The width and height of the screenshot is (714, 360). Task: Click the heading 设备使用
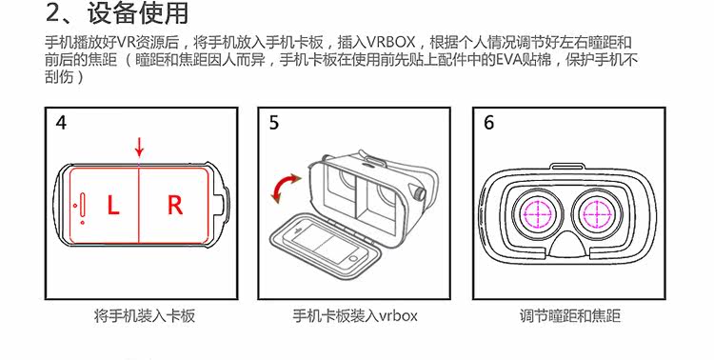pyautogui.click(x=138, y=13)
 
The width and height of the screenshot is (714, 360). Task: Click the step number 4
pyautogui.click(x=61, y=123)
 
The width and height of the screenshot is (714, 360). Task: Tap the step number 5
pyautogui.click(x=273, y=123)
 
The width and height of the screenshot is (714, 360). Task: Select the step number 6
pyautogui.click(x=488, y=123)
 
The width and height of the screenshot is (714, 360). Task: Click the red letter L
pyautogui.click(x=113, y=205)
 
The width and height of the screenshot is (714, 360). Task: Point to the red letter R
pyautogui.click(x=175, y=205)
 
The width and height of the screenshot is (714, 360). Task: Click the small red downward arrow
pyautogui.click(x=139, y=147)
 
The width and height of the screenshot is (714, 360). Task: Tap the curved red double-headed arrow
pyautogui.click(x=284, y=188)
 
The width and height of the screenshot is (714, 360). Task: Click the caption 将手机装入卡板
pyautogui.click(x=145, y=316)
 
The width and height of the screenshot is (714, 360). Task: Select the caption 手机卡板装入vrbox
pyautogui.click(x=355, y=316)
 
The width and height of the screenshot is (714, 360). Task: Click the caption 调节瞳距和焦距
pyautogui.click(x=570, y=316)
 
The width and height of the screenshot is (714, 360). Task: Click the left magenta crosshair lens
pyautogui.click(x=537, y=212)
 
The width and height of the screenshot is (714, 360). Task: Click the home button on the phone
pyautogui.click(x=354, y=259)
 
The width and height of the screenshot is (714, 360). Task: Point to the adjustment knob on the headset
pyautogui.click(x=420, y=192)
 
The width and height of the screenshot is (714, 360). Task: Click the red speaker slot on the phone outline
pyautogui.click(x=83, y=205)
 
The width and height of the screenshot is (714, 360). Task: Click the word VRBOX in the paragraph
pyautogui.click(x=391, y=42)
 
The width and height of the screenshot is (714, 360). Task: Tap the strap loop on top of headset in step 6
pyautogui.click(x=567, y=167)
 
